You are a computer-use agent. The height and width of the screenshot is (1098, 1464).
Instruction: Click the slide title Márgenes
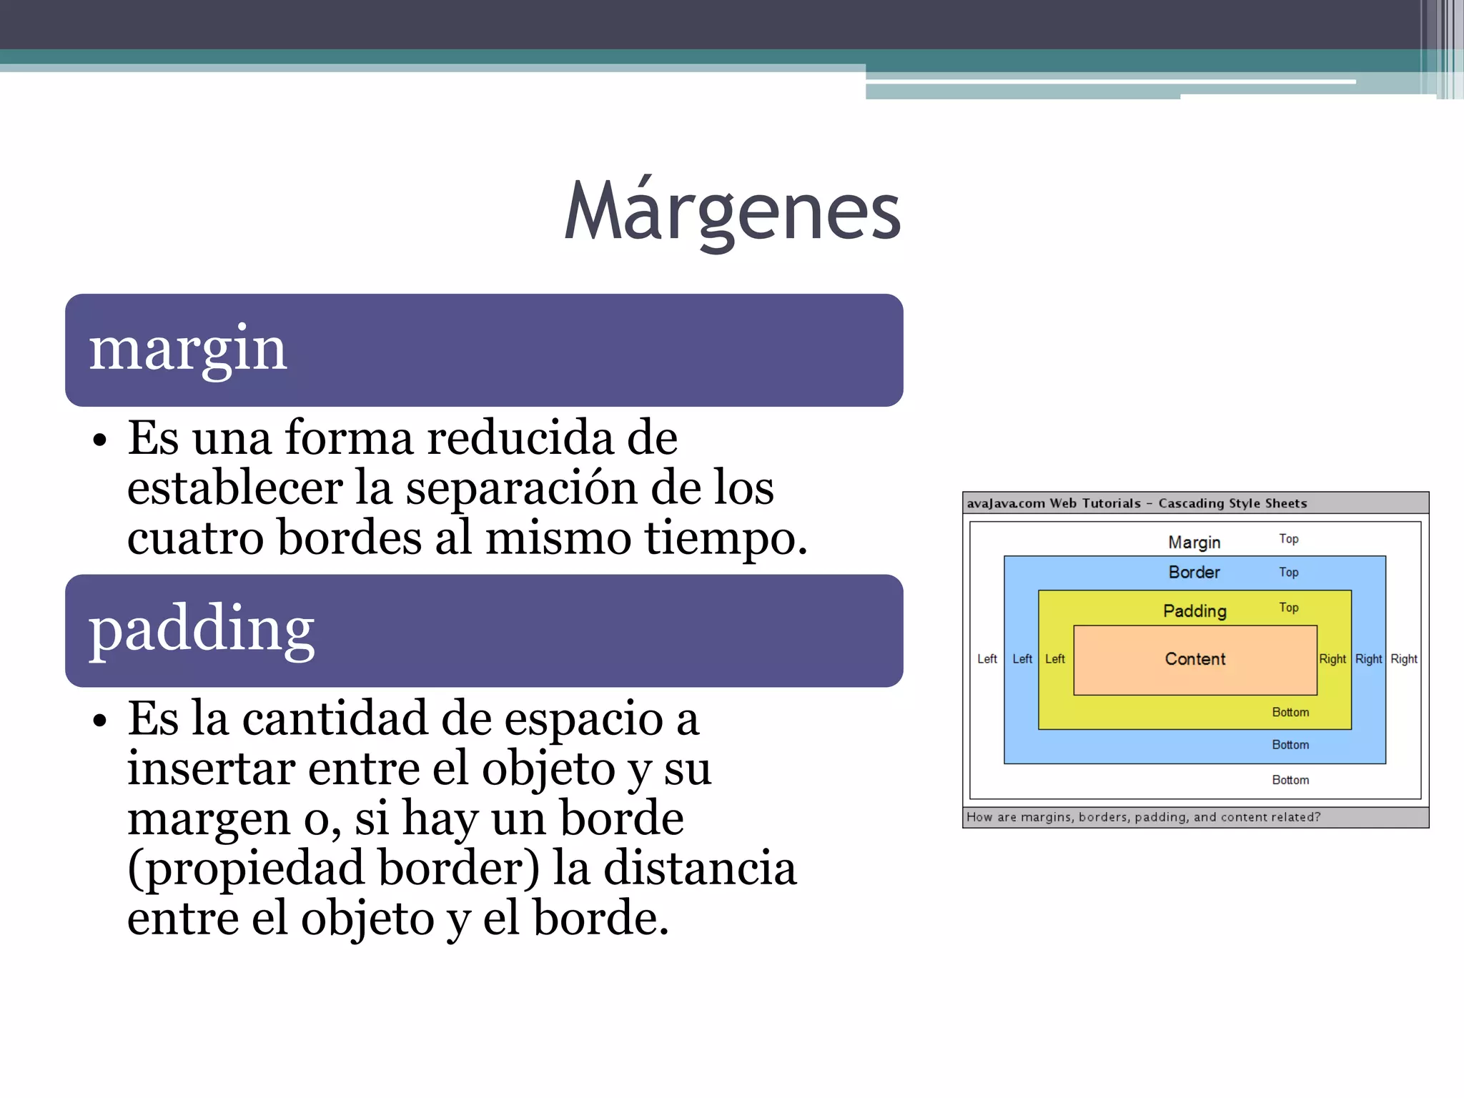coord(732,212)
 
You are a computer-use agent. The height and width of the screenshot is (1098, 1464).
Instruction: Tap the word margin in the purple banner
coord(188,350)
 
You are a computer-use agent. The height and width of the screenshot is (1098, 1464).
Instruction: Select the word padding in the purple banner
coord(202,630)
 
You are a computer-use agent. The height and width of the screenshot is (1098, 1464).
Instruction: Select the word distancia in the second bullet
coord(700,869)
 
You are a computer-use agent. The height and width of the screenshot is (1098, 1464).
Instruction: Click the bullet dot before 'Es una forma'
coord(99,440)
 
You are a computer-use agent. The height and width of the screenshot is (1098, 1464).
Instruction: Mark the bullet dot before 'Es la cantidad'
coord(99,721)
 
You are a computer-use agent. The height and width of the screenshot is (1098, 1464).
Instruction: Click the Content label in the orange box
coord(1195,659)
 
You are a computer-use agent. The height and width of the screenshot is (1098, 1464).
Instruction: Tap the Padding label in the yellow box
coord(1195,611)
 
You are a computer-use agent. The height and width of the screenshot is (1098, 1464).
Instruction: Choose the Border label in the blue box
coord(1194,573)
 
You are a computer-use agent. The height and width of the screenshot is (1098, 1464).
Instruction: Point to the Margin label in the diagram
coord(1194,543)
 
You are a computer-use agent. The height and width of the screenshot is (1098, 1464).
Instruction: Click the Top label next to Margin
coord(1288,539)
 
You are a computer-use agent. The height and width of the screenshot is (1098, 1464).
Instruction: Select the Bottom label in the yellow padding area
coord(1290,713)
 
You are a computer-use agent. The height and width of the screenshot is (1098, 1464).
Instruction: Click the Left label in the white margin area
coord(986,659)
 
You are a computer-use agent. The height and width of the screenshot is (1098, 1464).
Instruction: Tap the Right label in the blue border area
coord(1368,659)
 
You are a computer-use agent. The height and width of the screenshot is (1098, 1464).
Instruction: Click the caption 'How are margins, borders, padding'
coord(1143,817)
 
